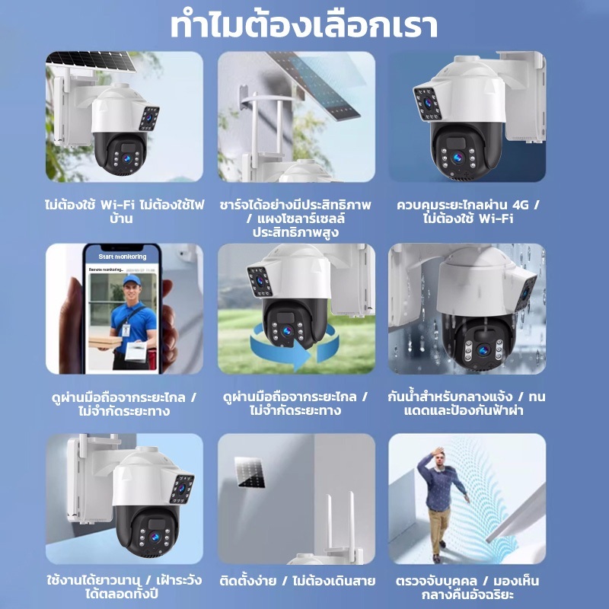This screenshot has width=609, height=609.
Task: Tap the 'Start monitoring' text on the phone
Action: (x=123, y=257)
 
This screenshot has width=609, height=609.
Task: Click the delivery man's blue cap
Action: (x=132, y=280)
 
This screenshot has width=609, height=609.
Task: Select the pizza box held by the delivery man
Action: (x=105, y=342)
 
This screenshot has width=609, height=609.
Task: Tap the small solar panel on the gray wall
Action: (x=250, y=472)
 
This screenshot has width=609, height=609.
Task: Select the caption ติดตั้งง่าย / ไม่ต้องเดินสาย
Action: (x=298, y=581)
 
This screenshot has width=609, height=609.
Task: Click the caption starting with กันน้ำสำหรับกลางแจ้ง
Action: (x=467, y=403)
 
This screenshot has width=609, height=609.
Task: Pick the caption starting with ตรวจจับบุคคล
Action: (x=467, y=587)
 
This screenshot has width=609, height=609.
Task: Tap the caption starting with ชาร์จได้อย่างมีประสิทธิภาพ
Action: (x=295, y=218)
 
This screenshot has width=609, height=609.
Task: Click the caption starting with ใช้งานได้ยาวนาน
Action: (x=124, y=587)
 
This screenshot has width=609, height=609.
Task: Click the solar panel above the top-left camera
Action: (x=91, y=61)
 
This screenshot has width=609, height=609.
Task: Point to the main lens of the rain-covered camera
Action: (x=483, y=350)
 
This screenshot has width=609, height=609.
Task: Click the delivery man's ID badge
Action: (x=126, y=330)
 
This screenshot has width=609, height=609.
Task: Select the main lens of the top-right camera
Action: (x=458, y=158)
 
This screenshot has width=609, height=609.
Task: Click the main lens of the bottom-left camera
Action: (x=155, y=537)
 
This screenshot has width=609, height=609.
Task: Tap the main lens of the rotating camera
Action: (x=288, y=331)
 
